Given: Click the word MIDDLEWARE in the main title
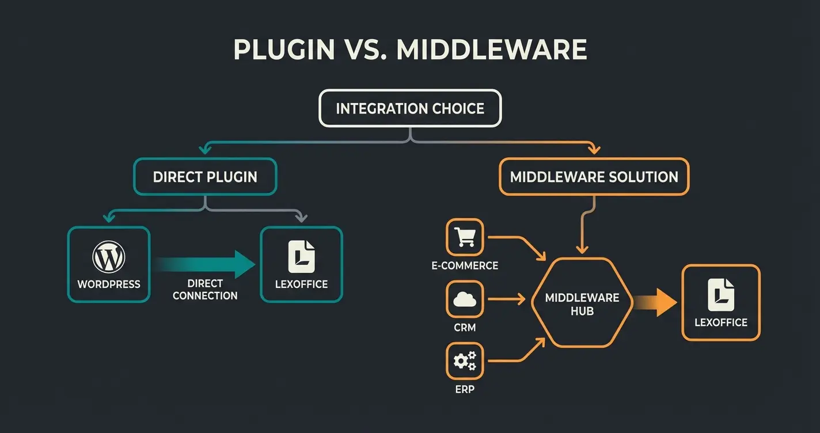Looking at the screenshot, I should (x=492, y=50).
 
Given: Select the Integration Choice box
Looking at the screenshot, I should (x=410, y=108).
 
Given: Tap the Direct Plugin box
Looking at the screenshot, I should (x=205, y=177).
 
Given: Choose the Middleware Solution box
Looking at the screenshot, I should (x=594, y=177).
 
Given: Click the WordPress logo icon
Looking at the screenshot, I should (x=109, y=257).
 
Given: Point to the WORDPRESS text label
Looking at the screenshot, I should (x=109, y=284).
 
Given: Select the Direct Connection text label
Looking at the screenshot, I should (x=205, y=290).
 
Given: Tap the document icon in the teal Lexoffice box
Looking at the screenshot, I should (x=301, y=257).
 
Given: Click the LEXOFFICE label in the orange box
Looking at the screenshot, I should (x=721, y=322).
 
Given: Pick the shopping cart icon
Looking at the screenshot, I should (x=465, y=237).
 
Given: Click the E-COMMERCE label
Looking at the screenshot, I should (x=465, y=266).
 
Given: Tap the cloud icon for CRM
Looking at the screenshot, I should (x=465, y=299).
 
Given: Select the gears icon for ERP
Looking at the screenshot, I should (x=465, y=361).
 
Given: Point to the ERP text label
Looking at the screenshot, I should (x=464, y=390).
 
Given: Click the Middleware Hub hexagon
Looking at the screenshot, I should (x=582, y=303).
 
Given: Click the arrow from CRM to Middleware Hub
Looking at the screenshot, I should (x=506, y=299).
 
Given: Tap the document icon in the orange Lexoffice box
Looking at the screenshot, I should (x=721, y=294).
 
